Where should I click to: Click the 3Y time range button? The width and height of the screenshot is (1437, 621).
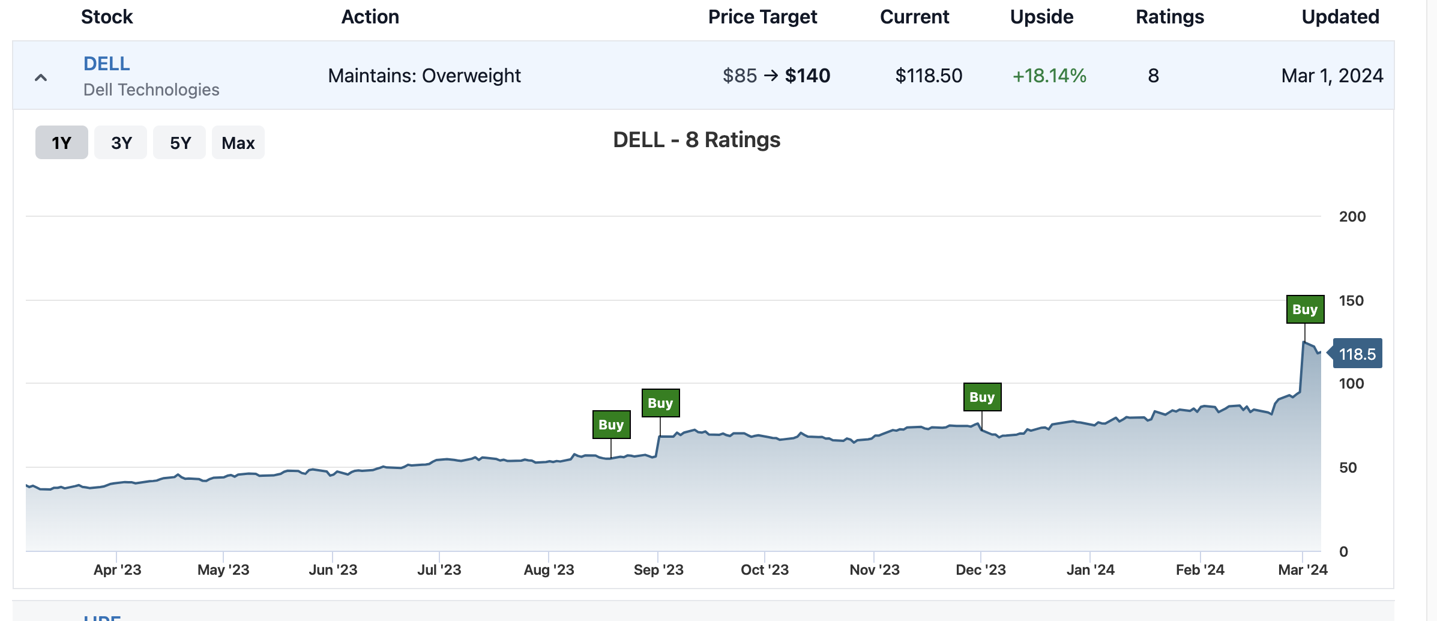(121, 143)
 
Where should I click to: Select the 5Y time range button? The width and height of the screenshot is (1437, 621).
(179, 143)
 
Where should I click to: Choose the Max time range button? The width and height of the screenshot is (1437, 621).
(238, 143)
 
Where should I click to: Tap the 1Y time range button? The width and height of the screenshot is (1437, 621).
(62, 143)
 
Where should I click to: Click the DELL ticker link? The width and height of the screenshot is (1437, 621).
(107, 64)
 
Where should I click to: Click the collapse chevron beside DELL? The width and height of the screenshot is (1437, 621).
(41, 77)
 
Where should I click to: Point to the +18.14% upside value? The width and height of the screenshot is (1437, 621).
(1049, 76)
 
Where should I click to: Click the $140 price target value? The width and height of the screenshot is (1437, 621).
(807, 76)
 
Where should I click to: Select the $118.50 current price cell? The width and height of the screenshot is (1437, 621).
(929, 76)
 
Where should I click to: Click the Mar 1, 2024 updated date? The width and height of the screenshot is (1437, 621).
(1332, 76)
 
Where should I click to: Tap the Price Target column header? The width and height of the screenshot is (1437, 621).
(762, 17)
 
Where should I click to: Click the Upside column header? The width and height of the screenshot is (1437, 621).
(1041, 17)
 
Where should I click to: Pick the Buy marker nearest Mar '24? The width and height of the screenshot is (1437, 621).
(1305, 309)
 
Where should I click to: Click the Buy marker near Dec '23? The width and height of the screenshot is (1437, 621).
(982, 397)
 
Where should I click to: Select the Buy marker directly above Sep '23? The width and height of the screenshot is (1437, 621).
(660, 403)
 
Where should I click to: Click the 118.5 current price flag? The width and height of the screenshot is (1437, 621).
(1357, 354)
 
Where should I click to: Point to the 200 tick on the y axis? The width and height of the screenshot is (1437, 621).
(1352, 217)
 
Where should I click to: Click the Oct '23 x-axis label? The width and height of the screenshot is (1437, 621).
(765, 569)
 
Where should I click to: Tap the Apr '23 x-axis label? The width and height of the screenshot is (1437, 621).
(117, 569)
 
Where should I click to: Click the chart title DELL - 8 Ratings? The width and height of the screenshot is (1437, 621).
(696, 140)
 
